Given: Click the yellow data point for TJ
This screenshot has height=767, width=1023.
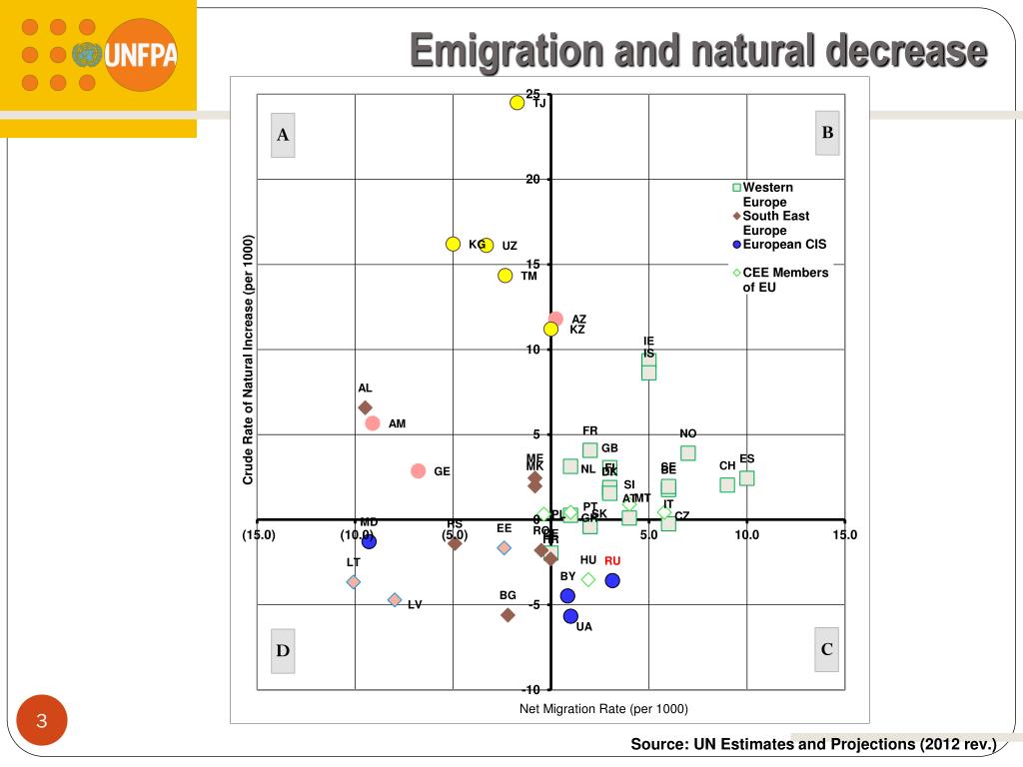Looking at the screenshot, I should point(516,103).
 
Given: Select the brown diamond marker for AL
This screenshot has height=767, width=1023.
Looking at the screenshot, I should point(365,407).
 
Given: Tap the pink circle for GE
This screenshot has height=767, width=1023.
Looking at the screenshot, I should point(419,471).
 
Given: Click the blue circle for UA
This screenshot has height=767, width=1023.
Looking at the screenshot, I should point(570,616).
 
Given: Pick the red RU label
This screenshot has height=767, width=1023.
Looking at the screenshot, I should point(612,561).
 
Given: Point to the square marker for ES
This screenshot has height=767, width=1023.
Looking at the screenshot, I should point(746,478).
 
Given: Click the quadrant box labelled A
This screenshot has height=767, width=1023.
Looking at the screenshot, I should point(283,136).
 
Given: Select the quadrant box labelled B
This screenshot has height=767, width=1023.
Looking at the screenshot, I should point(827,133).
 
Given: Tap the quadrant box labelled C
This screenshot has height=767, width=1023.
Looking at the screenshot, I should point(827,649).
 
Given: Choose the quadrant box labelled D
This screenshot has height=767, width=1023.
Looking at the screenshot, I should point(283,651).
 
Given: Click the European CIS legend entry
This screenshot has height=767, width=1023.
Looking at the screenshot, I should point(784,245).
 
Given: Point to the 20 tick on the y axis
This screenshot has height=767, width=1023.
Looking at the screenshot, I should point(533,180).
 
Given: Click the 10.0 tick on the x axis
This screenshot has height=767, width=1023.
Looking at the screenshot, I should point(746,534).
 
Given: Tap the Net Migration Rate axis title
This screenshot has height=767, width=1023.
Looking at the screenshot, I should point(603,709).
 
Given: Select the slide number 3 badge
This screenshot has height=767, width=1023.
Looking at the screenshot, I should point(43,721).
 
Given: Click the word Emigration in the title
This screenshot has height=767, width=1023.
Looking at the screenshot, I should point(508,50).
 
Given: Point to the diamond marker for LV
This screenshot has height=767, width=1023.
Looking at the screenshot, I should point(395,600).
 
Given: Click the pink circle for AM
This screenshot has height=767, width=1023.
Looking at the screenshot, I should point(373,423).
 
